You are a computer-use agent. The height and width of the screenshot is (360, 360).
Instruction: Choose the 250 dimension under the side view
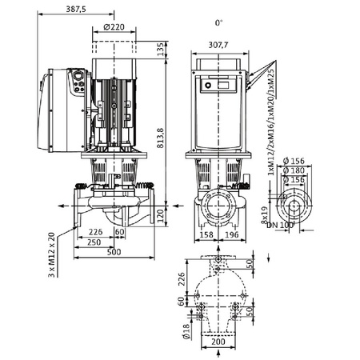click(94, 242)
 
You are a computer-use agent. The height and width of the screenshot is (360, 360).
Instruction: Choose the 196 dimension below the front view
click(230, 236)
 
